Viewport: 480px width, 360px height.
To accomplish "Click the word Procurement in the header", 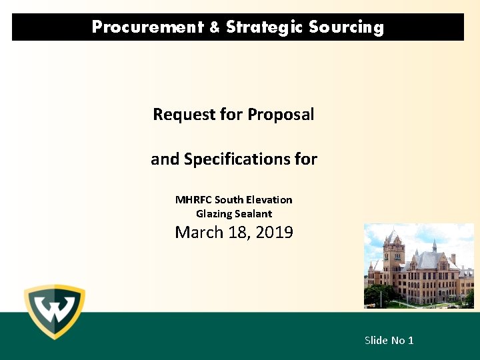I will [x=147, y=27].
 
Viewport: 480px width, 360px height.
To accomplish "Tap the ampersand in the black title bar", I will [x=214, y=27].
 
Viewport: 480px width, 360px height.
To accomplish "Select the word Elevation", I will [x=269, y=200].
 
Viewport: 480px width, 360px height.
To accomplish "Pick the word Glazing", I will [x=213, y=214].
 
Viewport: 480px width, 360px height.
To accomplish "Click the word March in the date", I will [x=195, y=233].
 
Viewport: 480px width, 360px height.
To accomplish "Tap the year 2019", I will [x=274, y=233].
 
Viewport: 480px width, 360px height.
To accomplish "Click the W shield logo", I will [x=55, y=311].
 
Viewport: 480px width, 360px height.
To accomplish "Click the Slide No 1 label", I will [x=389, y=341].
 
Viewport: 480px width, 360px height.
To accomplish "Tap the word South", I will [x=229, y=200].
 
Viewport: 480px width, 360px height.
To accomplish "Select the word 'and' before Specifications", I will [x=165, y=159].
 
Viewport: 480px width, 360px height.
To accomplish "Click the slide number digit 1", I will [x=411, y=341].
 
